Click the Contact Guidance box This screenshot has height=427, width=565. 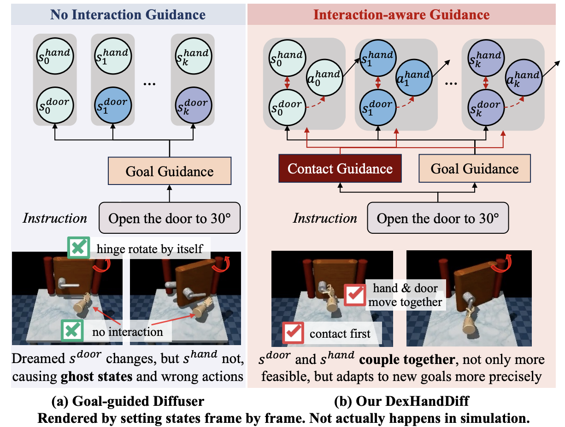tap(340, 168)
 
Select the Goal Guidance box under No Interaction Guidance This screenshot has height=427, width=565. tap(169, 172)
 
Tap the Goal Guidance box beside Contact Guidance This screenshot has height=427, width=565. tap(475, 168)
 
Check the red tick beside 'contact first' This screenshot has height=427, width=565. tap(294, 333)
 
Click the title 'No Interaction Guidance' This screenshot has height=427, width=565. tap(128, 14)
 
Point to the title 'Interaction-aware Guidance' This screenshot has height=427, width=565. tap(401, 14)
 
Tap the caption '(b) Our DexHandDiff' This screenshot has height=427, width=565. tap(401, 401)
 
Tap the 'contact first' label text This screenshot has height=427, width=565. tap(340, 334)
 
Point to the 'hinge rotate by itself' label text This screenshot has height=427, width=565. tap(150, 249)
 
